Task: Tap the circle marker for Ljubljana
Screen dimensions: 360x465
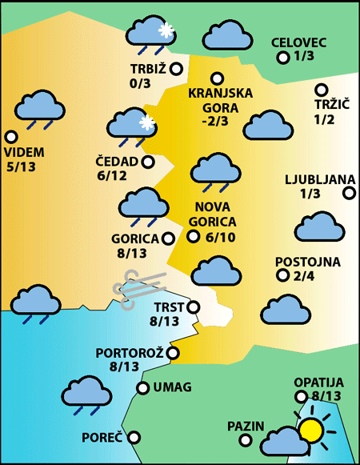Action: click(x=349, y=193)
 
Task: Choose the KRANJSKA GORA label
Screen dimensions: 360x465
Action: click(x=220, y=99)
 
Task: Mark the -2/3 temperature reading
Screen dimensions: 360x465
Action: click(x=215, y=122)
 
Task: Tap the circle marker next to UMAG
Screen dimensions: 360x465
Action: click(x=143, y=388)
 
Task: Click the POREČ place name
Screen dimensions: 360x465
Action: click(x=102, y=438)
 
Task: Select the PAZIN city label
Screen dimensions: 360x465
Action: click(x=244, y=426)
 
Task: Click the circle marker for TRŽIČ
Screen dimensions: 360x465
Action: click(x=322, y=90)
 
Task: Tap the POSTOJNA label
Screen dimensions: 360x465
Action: click(x=308, y=262)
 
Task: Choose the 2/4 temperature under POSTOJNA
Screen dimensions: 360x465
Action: click(x=305, y=276)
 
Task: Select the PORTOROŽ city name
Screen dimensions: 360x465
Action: click(x=130, y=352)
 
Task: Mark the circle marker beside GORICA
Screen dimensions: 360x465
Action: click(x=168, y=238)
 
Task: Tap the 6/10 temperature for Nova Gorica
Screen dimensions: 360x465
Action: click(x=220, y=237)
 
